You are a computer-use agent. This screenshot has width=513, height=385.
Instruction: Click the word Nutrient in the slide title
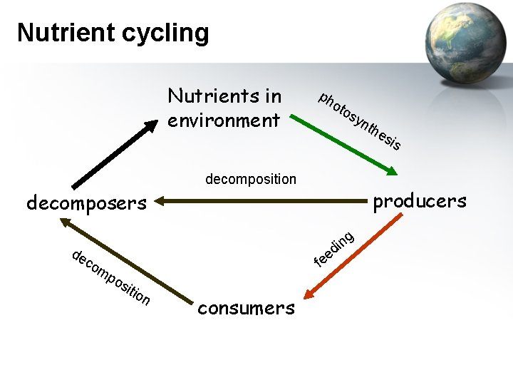coord(63,32)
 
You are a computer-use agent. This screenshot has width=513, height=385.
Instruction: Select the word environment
coord(224,120)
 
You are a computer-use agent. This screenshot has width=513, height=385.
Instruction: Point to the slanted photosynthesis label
coord(361,121)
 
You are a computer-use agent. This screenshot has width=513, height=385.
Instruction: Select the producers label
coord(420,201)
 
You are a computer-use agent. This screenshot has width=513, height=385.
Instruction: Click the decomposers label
coord(86,203)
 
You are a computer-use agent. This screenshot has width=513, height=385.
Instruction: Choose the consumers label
coord(246,308)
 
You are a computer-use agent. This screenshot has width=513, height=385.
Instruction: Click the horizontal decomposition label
coord(250,179)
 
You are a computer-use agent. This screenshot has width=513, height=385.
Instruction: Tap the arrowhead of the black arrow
coord(150,125)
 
